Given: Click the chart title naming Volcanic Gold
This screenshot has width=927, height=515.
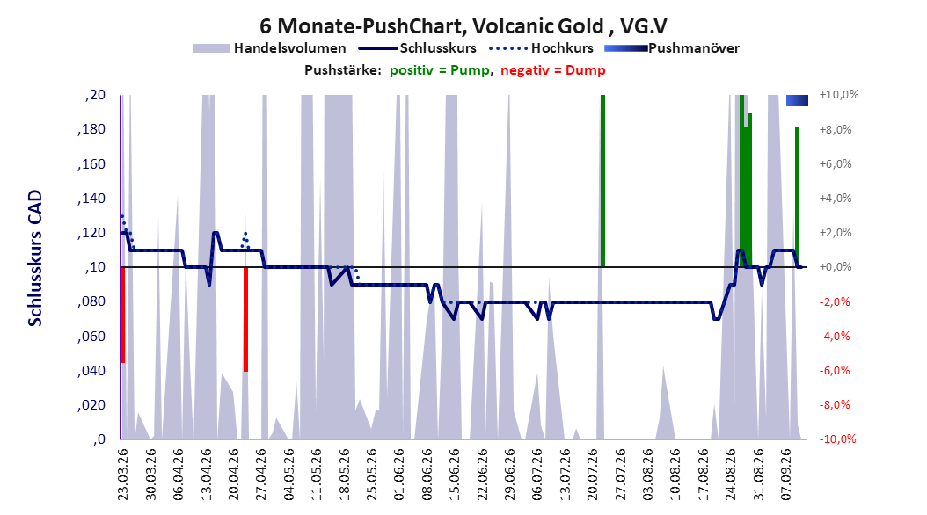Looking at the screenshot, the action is pos(463,26).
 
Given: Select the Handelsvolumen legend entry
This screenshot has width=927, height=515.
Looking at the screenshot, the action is pos(269,48).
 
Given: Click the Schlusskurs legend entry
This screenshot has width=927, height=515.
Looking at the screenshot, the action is pos(418,48).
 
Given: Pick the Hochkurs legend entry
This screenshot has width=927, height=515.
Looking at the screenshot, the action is pos(541,48).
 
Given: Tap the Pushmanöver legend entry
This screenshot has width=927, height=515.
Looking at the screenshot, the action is pos(672,48).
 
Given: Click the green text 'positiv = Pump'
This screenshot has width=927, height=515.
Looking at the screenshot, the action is pos(440,70).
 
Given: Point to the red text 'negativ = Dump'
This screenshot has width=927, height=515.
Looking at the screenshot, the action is pos(553,70).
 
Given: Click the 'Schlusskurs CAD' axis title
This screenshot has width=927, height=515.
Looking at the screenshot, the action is pos(35,258).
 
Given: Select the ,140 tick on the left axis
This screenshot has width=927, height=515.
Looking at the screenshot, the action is pos(91,199).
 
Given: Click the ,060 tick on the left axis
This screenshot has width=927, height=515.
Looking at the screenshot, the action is pos(91,337).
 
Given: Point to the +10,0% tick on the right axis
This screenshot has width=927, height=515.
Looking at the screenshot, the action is pos(838,95).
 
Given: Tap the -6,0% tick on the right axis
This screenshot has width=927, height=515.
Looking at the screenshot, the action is pos(836,370).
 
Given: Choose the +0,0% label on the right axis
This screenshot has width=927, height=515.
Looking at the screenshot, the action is pos(836,267).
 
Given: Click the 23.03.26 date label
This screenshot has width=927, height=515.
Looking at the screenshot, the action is pos(122,475).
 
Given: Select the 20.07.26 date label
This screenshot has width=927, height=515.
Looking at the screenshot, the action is pos(593,475).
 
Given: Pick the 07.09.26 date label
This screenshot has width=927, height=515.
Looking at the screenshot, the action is pos(787,475).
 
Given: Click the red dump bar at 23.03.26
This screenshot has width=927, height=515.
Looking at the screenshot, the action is pos(123,315).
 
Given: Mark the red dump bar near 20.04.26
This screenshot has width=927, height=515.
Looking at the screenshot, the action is pos(246,319).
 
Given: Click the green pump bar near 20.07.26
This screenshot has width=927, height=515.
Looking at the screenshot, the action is pos(603,181).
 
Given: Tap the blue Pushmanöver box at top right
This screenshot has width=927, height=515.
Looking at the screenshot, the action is pos(797,101).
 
